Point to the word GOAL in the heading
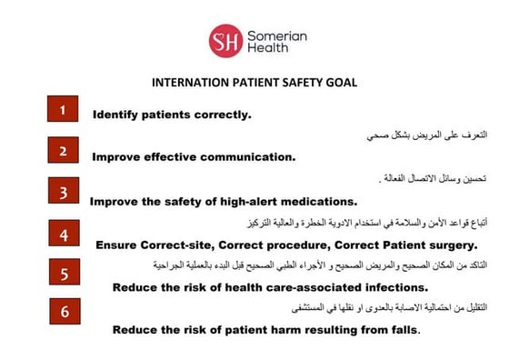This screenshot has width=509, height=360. tap(340, 82)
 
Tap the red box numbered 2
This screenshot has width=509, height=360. tap(63, 150)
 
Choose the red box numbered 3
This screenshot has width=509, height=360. tap(63, 191)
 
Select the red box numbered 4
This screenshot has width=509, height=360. tap(63, 234)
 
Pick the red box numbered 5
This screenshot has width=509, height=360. tap(63, 273)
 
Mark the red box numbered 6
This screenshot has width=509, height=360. tap(63, 311)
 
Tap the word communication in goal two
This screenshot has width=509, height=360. tap(249, 156)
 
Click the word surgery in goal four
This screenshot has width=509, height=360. tap(448, 245)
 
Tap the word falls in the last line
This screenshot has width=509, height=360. tap(403, 329)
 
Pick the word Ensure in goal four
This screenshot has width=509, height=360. tap(120, 245)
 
